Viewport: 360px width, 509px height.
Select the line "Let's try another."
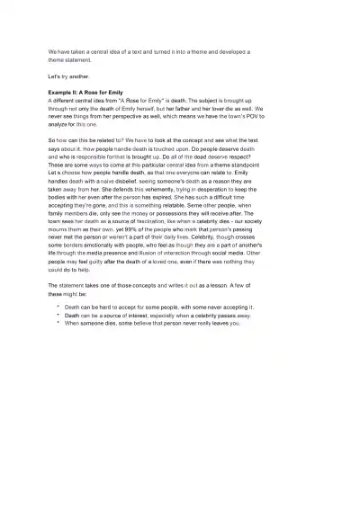(69, 78)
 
